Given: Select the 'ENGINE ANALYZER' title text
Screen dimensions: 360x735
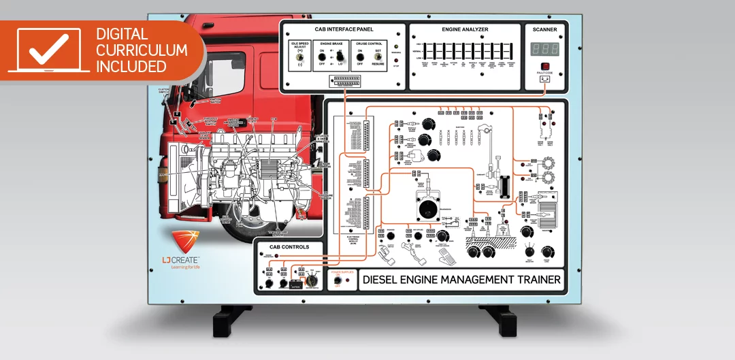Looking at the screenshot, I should (464, 29).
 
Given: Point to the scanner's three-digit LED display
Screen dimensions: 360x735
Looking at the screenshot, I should (545, 50).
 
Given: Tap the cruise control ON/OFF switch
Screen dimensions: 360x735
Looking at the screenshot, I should (360, 60).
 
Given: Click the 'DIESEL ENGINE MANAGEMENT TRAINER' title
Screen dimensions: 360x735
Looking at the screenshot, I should (461, 279).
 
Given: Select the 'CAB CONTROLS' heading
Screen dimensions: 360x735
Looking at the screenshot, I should (289, 247).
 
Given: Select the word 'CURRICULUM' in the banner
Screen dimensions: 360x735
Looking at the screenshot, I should (142, 50).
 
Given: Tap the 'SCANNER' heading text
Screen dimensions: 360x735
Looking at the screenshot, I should (544, 29).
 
